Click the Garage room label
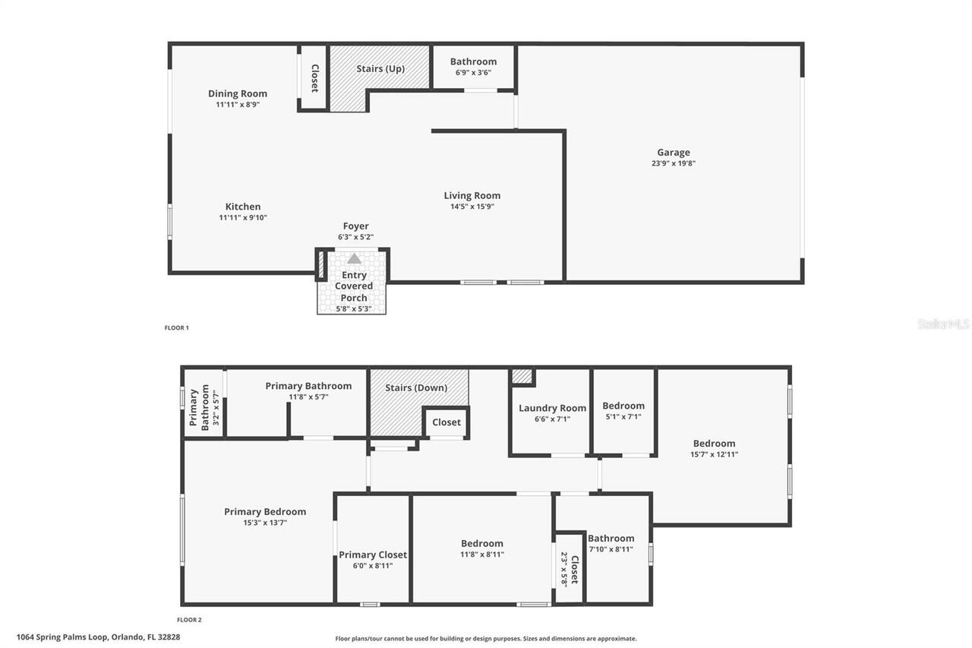(x=674, y=153)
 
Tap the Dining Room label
(x=238, y=94)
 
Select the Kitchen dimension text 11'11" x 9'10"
(x=243, y=218)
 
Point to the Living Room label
(x=472, y=196)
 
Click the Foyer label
(x=355, y=226)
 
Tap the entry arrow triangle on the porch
(x=354, y=259)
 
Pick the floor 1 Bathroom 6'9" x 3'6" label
(x=473, y=62)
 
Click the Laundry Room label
(x=552, y=409)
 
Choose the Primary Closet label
(x=372, y=555)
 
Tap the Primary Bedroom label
(x=265, y=512)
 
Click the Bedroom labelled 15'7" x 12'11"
(x=714, y=444)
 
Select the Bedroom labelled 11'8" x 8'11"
(x=482, y=544)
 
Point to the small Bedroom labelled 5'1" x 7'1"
(x=623, y=406)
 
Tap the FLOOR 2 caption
(x=189, y=620)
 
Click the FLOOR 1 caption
(x=177, y=328)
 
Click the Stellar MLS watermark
(x=943, y=324)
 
